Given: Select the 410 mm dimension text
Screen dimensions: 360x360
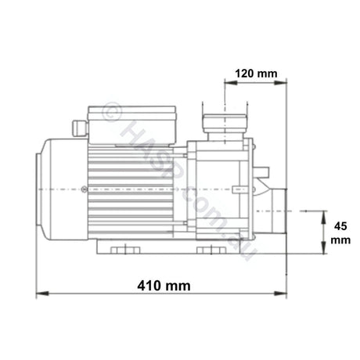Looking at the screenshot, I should point(164,286).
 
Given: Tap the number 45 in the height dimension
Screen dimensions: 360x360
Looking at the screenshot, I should point(338,225).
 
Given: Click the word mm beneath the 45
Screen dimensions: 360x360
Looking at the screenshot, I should point(338,241).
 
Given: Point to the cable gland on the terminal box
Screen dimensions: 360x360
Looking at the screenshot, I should point(78,125).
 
